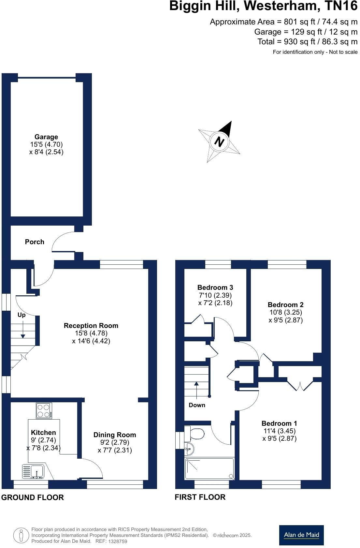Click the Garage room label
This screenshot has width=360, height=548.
(46, 137)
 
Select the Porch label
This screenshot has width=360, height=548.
(35, 242)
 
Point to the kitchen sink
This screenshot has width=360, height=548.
(37, 471)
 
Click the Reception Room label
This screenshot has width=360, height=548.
(91, 326)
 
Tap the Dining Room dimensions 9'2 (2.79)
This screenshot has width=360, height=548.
(115, 443)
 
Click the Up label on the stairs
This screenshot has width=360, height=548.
(22, 315)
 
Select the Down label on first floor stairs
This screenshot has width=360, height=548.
(197, 405)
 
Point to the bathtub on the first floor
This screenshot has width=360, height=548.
(209, 469)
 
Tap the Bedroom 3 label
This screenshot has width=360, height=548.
(215, 288)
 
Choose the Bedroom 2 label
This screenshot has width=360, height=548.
(285, 305)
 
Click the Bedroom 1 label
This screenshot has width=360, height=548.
(279, 423)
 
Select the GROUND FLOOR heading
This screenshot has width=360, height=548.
(33, 497)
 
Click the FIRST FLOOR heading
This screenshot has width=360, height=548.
(200, 497)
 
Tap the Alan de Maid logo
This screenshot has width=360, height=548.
(301, 535)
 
